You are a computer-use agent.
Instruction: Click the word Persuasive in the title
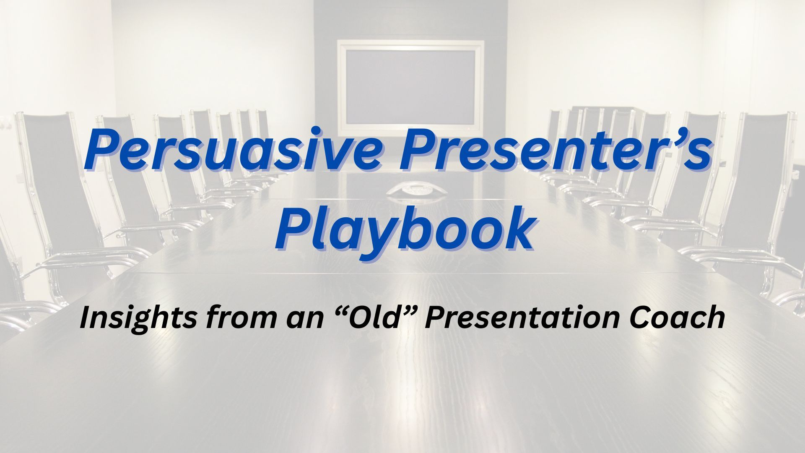[233, 150]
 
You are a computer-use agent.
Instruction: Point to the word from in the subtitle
[235, 318]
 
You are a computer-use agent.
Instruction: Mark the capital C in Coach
[641, 318]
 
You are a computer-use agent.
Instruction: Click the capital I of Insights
[86, 318]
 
